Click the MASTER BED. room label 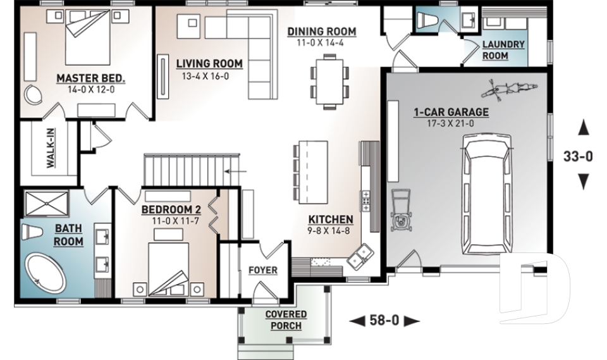(91, 78)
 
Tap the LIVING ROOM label (209, 63)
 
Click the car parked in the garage (486, 197)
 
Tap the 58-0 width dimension (384, 321)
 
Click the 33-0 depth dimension (578, 156)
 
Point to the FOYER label (262, 270)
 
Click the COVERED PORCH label (286, 320)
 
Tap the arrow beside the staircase (237, 170)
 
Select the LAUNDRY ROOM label (503, 50)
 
